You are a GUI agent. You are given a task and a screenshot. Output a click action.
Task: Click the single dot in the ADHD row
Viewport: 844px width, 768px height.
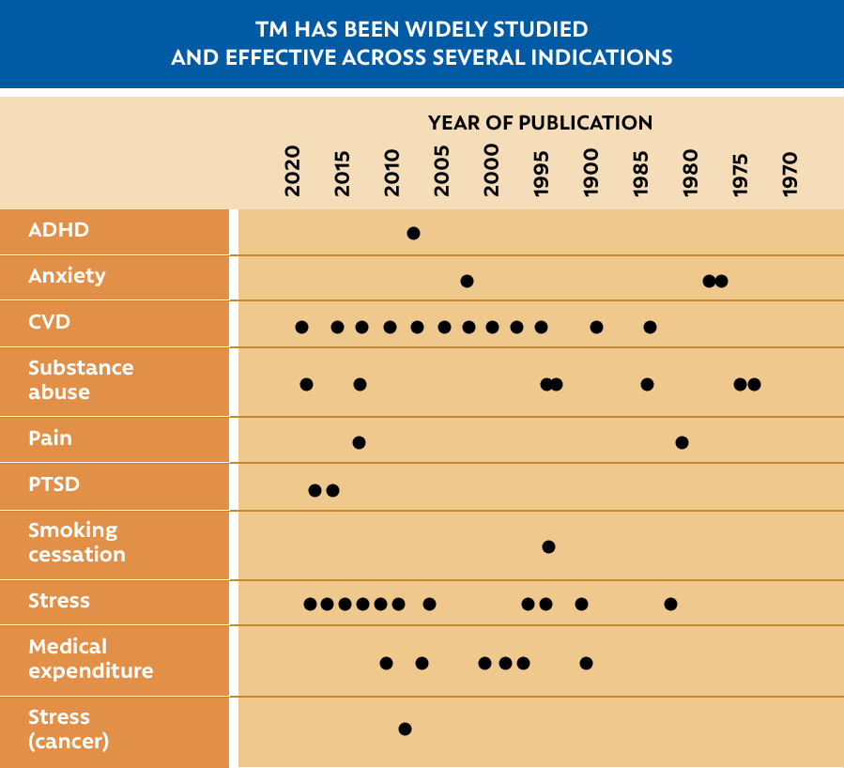tap(413, 233)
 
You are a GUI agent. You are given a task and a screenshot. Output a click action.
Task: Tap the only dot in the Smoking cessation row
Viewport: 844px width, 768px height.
tap(548, 546)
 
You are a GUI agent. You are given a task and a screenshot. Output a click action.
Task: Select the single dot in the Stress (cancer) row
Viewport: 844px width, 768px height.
tap(405, 729)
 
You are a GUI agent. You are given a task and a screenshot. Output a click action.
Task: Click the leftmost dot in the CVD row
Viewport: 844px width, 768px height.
tap(301, 327)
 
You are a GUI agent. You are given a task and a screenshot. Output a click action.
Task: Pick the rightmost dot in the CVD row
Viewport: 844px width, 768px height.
tap(650, 327)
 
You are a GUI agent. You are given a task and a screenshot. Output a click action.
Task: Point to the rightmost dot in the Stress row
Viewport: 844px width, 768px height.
tap(670, 604)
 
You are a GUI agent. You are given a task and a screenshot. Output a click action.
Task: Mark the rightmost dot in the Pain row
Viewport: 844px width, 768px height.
tap(682, 442)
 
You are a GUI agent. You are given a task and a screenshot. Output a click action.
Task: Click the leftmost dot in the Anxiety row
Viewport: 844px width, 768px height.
tap(467, 281)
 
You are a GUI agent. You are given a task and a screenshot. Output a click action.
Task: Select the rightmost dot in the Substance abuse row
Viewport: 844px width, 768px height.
tap(754, 384)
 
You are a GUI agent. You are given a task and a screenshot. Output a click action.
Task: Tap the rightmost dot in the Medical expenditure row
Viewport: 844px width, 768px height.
tap(586, 663)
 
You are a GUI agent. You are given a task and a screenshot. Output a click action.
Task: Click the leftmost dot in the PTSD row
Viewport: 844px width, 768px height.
tap(315, 490)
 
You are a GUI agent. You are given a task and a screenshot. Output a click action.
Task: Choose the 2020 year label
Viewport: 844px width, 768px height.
tap(293, 171)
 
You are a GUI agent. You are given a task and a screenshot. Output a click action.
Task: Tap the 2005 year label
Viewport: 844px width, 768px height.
tap(442, 171)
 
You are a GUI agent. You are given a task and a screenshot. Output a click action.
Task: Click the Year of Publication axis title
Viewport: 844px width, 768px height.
tap(540, 123)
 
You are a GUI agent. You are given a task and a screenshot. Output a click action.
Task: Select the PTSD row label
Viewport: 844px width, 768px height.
tap(54, 485)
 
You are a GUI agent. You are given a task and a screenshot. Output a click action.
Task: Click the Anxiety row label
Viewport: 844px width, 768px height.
tap(67, 276)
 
